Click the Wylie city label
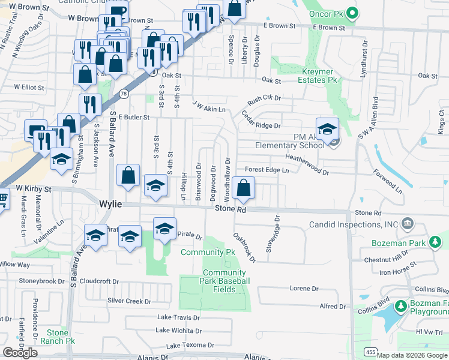[110, 204]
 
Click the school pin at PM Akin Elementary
[328, 130]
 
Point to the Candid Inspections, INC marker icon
[408, 224]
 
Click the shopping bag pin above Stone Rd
[243, 188]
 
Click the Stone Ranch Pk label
[58, 336]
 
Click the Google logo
[20, 353]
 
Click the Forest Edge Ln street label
[267, 170]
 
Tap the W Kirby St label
[29, 188]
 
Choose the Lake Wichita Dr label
[179, 330]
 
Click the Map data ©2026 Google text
[410, 355]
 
